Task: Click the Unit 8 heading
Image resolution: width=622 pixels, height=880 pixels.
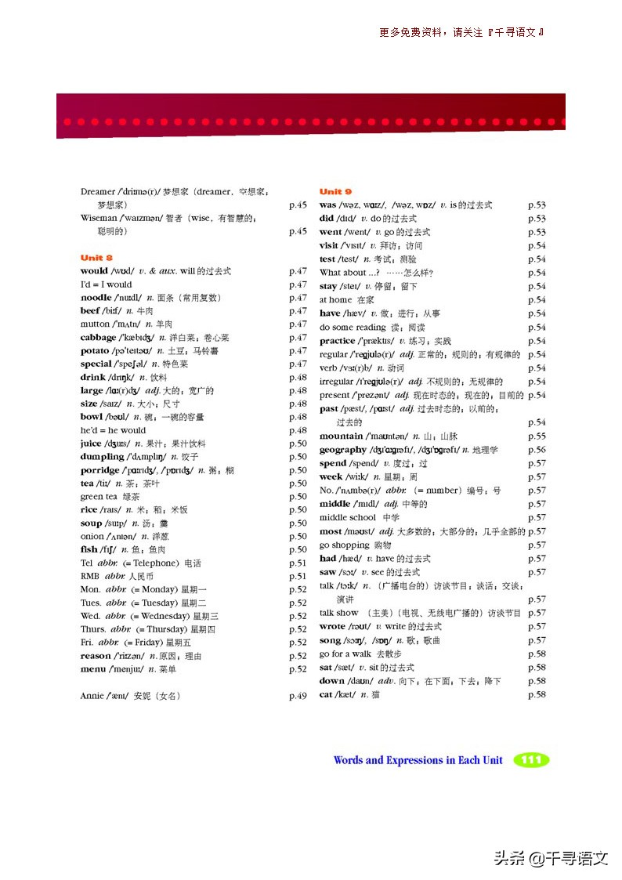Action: tap(96, 257)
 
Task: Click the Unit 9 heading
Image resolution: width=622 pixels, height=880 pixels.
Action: tap(335, 191)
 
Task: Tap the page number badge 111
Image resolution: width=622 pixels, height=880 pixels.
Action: tap(531, 760)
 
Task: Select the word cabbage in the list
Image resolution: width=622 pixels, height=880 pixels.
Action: tap(98, 338)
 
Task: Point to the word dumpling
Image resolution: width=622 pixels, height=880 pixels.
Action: tap(102, 457)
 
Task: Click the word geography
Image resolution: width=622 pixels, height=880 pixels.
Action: tap(342, 450)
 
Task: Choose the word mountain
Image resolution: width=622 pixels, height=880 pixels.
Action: tap(341, 436)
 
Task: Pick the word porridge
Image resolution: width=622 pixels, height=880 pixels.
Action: tap(100, 470)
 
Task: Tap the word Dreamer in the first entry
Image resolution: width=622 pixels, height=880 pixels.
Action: tap(98, 191)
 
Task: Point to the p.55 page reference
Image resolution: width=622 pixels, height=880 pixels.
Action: tap(537, 436)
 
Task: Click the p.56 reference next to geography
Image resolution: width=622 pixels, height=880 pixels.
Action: tap(537, 450)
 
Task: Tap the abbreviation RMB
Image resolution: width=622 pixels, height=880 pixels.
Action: tap(89, 576)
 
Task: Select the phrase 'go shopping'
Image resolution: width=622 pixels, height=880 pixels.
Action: tap(344, 545)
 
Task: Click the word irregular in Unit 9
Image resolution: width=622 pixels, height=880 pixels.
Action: tap(337, 382)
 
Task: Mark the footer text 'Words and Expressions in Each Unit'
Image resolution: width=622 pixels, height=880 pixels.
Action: tap(418, 760)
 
